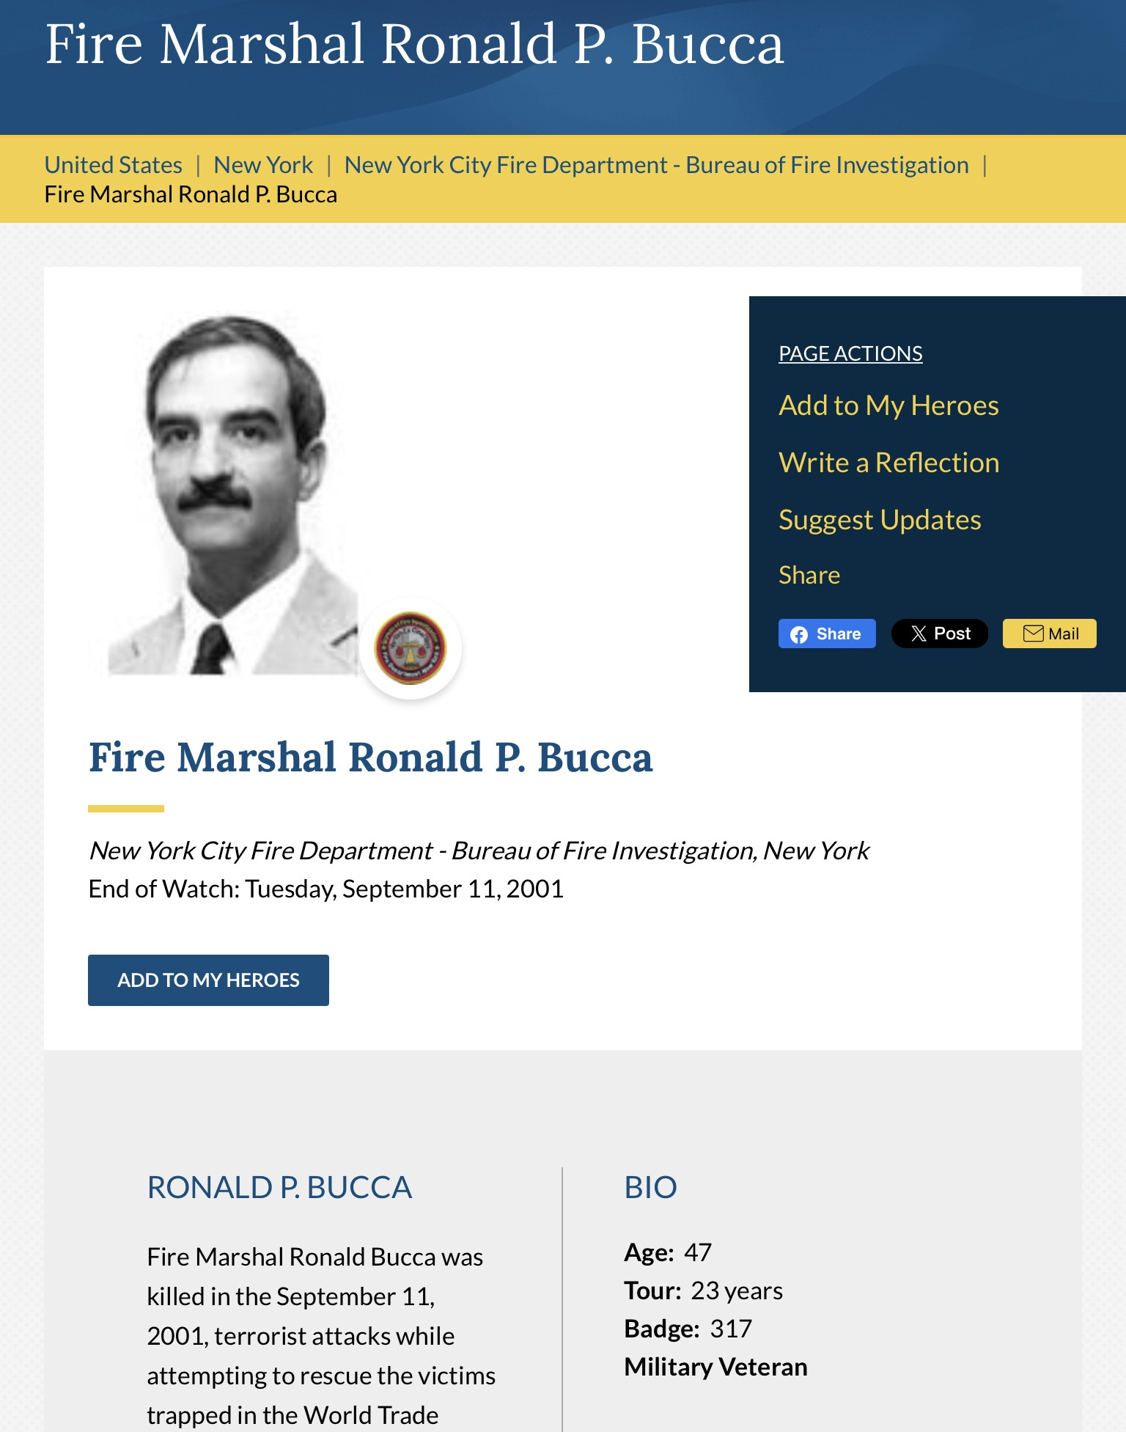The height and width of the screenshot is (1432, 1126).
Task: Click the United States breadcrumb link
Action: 113,165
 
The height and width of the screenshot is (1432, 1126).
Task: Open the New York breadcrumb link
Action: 263,165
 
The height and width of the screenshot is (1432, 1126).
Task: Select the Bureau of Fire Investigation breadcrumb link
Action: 656,165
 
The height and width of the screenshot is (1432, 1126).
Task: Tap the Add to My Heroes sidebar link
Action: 888,405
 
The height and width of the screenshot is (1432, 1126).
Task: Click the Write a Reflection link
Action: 888,463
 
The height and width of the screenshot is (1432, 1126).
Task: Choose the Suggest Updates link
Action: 880,520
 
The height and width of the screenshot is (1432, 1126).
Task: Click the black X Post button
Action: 939,634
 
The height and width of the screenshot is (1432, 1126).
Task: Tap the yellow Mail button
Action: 1049,634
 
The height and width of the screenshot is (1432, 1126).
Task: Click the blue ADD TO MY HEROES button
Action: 208,980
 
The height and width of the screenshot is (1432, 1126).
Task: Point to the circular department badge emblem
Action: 411,648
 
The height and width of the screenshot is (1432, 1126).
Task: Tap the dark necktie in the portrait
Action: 212,650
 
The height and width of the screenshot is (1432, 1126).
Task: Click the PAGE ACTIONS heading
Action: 850,353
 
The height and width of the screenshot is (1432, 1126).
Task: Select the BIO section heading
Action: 650,1187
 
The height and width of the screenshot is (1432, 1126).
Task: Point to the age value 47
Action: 698,1252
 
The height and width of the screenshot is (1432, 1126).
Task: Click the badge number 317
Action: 731,1329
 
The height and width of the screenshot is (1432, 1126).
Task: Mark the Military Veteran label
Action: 715,1367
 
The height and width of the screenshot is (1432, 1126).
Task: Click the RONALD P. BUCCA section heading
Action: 279,1187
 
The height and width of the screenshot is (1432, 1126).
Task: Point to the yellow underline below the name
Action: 126,809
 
